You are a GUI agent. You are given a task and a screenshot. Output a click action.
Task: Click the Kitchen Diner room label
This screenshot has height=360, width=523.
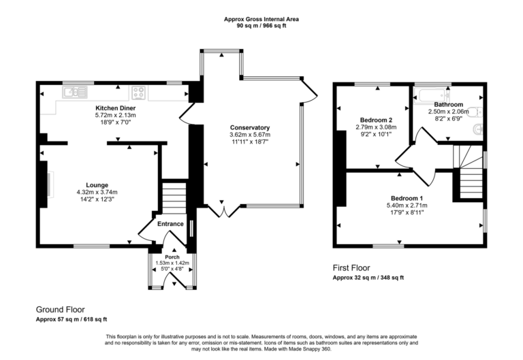pyautogui.click(x=114, y=108)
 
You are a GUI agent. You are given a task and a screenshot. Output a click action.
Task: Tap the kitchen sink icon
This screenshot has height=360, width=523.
pyautogui.click(x=72, y=91)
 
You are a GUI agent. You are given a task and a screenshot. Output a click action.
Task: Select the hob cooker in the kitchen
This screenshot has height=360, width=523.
pyautogui.click(x=139, y=91)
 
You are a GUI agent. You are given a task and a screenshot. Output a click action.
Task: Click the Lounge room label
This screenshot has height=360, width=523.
pyautogui.click(x=97, y=184)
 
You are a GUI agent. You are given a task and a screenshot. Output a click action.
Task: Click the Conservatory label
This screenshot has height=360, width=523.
pyautogui.click(x=249, y=127)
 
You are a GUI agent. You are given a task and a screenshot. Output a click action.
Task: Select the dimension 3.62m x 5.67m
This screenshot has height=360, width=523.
pyautogui.click(x=249, y=135)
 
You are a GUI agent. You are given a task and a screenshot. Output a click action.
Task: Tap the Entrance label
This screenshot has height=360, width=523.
pyautogui.click(x=170, y=224)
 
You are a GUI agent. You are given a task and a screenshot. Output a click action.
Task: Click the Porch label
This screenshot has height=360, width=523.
pyautogui.click(x=171, y=257)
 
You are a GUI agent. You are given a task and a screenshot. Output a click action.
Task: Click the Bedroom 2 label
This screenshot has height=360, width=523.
pyautogui.click(x=376, y=120)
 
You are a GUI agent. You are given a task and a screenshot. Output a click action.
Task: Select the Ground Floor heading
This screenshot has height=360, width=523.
pyautogui.click(x=61, y=309)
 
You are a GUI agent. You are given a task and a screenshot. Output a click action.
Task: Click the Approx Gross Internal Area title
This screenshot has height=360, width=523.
pyautogui.click(x=261, y=19)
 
